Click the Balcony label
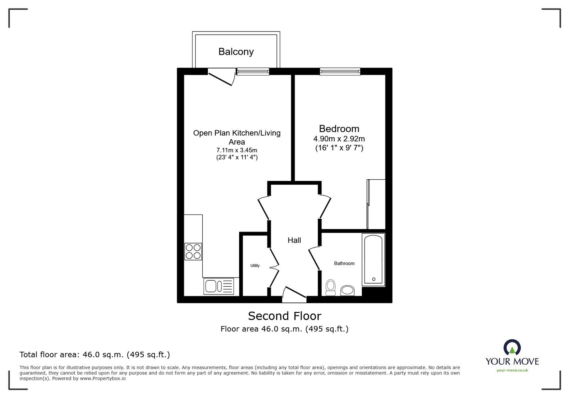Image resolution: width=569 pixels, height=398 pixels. point(236,52)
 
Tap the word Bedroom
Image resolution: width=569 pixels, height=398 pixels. point(339,129)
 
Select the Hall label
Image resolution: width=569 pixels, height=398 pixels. point(294,240)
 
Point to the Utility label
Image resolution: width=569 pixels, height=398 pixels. point(255,266)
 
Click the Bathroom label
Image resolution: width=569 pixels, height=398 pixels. point(344,264)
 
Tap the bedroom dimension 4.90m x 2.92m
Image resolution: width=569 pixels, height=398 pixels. point(339,139)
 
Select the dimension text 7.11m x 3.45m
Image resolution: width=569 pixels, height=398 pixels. point(237,150)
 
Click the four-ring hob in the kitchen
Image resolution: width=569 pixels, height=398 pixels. point(193,251)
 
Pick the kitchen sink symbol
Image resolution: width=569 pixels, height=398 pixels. point(219,286)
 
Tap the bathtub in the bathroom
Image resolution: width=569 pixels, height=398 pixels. point(373,260)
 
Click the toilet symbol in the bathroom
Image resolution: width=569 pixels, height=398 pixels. point(330,287)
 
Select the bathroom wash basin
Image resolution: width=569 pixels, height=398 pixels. point(347,291)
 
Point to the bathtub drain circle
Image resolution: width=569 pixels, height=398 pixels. point(374,279)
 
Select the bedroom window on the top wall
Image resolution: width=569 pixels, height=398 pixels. point(340,71)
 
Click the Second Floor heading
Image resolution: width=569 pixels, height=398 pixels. point(284,316)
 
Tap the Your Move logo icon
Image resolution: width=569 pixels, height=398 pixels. point(512,347)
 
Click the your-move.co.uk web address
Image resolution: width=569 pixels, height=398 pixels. point(512,370)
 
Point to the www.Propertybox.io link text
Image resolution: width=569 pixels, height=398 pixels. point(103,378)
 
